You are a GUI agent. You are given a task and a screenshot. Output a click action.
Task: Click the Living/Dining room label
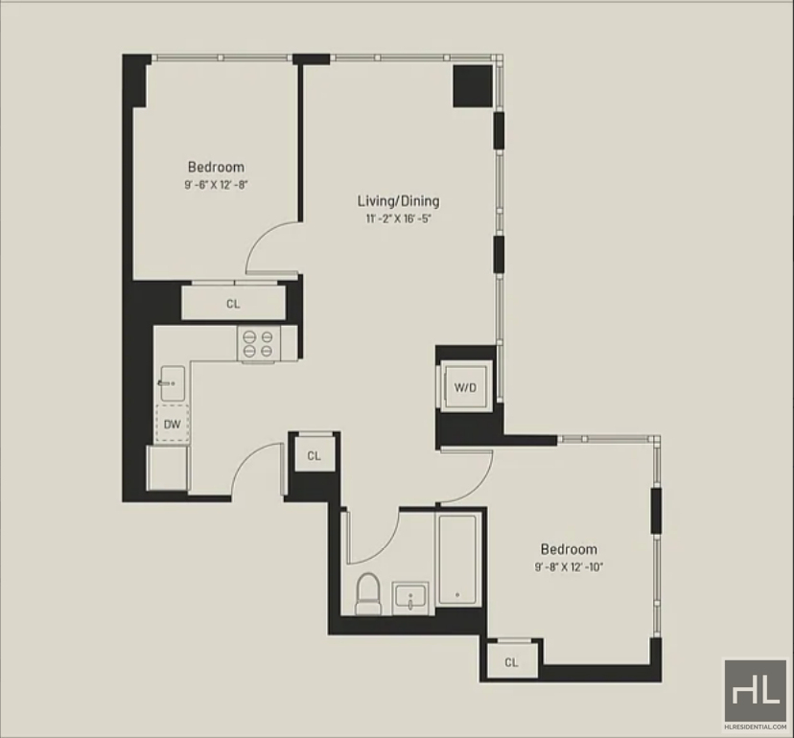click(399, 201)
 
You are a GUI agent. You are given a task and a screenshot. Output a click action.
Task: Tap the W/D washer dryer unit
click(465, 386)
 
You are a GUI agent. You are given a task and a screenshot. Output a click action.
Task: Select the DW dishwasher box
click(173, 425)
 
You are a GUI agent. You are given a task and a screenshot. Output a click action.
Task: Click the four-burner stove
click(258, 344)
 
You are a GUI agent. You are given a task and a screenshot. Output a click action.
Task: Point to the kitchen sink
click(173, 383)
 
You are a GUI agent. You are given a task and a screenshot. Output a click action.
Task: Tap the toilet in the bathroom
click(367, 593)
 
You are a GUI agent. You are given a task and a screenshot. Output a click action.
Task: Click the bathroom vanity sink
click(410, 598)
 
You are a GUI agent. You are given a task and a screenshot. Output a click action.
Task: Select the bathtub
click(457, 560)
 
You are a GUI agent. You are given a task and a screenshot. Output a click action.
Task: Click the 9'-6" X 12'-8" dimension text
click(216, 184)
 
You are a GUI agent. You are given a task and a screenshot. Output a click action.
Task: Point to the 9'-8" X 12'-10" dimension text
click(569, 566)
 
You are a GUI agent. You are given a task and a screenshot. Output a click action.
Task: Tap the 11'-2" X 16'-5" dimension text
click(399, 219)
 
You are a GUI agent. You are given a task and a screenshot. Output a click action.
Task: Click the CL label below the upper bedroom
click(233, 304)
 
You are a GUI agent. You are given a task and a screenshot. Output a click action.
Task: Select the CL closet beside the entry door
click(314, 455)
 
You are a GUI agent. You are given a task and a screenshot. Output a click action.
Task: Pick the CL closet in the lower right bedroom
click(511, 662)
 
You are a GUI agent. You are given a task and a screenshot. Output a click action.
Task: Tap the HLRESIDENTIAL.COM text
click(756, 726)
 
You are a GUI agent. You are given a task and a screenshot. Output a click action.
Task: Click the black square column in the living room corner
click(473, 85)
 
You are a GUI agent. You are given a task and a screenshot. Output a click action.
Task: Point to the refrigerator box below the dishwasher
click(167, 469)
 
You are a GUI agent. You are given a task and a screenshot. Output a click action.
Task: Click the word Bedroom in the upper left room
click(216, 167)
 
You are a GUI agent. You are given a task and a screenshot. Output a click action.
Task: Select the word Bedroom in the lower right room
click(569, 549)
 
